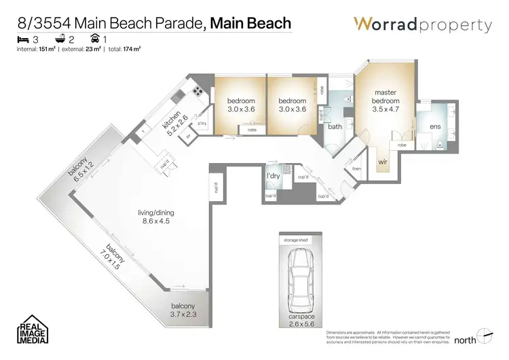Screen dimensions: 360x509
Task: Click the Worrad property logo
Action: (x=422, y=25)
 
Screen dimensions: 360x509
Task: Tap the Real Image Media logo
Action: (x=32, y=330)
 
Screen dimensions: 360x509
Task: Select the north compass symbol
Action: (x=483, y=337)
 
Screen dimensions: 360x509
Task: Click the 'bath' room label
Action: (x=335, y=126)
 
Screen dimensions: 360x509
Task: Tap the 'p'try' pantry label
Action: (x=202, y=124)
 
